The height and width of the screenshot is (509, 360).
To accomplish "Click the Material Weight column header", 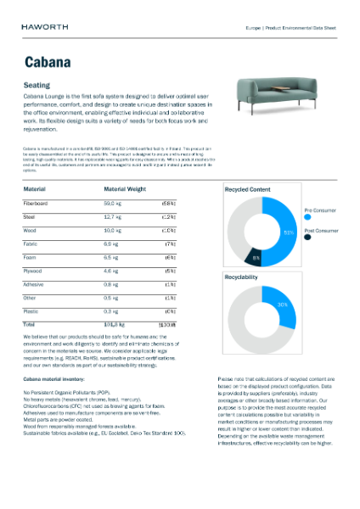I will click(126, 189).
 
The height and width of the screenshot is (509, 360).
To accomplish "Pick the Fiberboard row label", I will click(36, 204).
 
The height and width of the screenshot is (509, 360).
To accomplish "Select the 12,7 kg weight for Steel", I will click(114, 217).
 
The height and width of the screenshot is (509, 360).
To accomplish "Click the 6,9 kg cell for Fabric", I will click(112, 244).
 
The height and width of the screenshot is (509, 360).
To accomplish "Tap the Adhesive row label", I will click(34, 284).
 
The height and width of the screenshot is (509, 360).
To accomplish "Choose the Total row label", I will click(29, 324).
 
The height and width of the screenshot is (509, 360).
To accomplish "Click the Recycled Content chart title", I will click(247, 189).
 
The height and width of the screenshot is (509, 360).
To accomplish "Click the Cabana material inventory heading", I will click(59, 378).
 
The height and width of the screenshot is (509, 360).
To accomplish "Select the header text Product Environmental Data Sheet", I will click(303, 27).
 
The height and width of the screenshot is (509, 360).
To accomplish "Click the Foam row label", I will click(31, 257).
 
